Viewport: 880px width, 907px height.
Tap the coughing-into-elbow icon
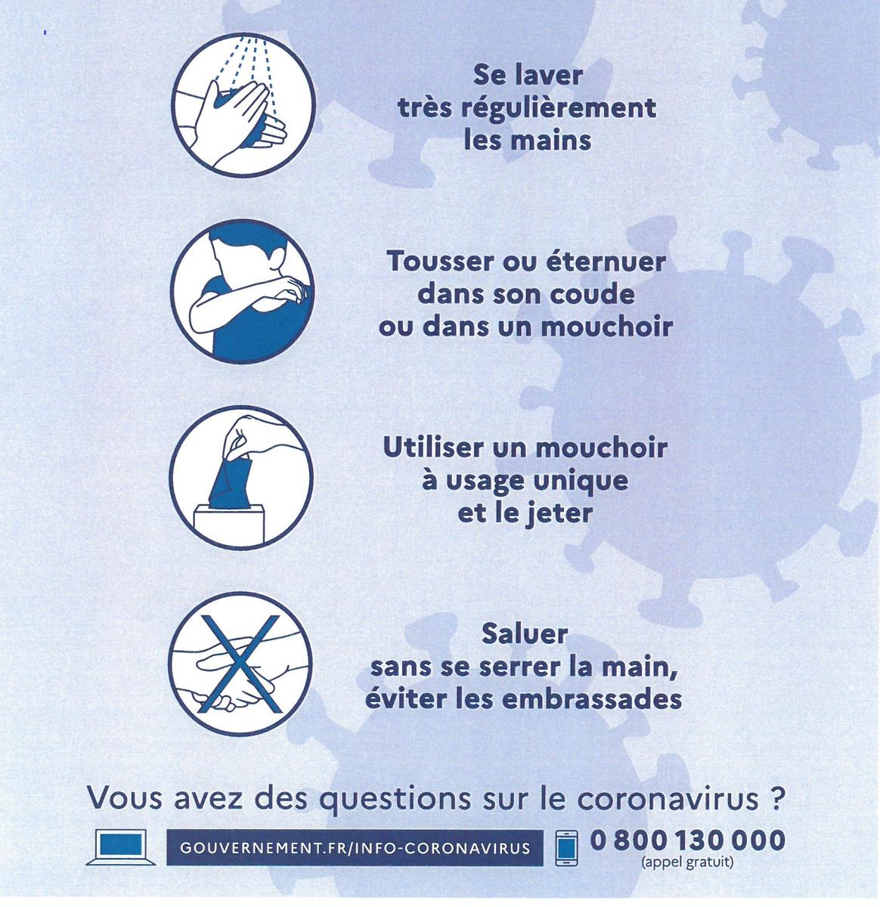pyautogui.click(x=242, y=293)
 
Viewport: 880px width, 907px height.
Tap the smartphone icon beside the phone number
pyautogui.click(x=565, y=847)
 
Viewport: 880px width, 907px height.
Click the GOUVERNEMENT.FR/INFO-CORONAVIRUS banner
pyautogui.click(x=355, y=847)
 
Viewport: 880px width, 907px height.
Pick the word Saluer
pyautogui.click(x=525, y=633)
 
